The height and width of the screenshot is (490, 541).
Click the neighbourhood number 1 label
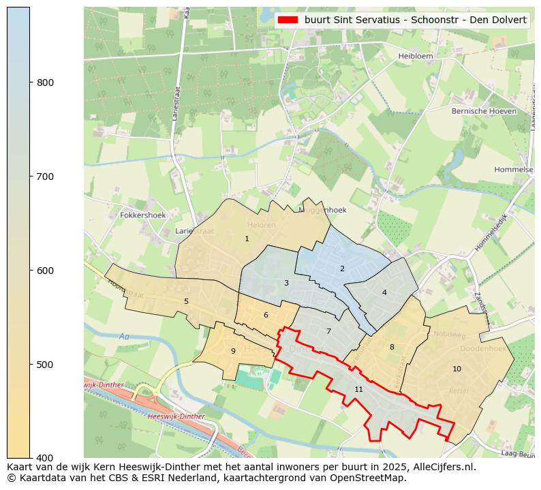tap(247, 239)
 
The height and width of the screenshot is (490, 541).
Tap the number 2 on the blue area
tap(342, 269)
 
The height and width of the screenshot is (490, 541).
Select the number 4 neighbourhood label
tap(384, 292)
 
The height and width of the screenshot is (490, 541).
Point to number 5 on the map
tap(186, 301)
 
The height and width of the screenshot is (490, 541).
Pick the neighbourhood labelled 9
tap(233, 351)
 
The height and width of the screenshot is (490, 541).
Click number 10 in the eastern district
tap(457, 369)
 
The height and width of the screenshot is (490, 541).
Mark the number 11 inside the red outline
tap(358, 389)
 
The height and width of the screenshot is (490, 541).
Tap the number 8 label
tap(392, 347)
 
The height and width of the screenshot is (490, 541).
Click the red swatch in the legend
tap(289, 20)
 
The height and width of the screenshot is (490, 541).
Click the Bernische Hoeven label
tap(484, 111)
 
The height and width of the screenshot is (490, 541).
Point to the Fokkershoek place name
tap(142, 215)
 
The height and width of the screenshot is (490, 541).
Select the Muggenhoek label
tap(322, 210)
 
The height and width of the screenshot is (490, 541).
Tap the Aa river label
tap(123, 336)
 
